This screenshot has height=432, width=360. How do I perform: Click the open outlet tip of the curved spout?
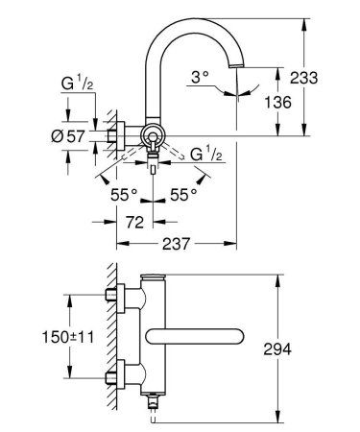tap(237, 61)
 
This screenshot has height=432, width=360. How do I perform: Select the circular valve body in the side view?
tap(153, 134)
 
